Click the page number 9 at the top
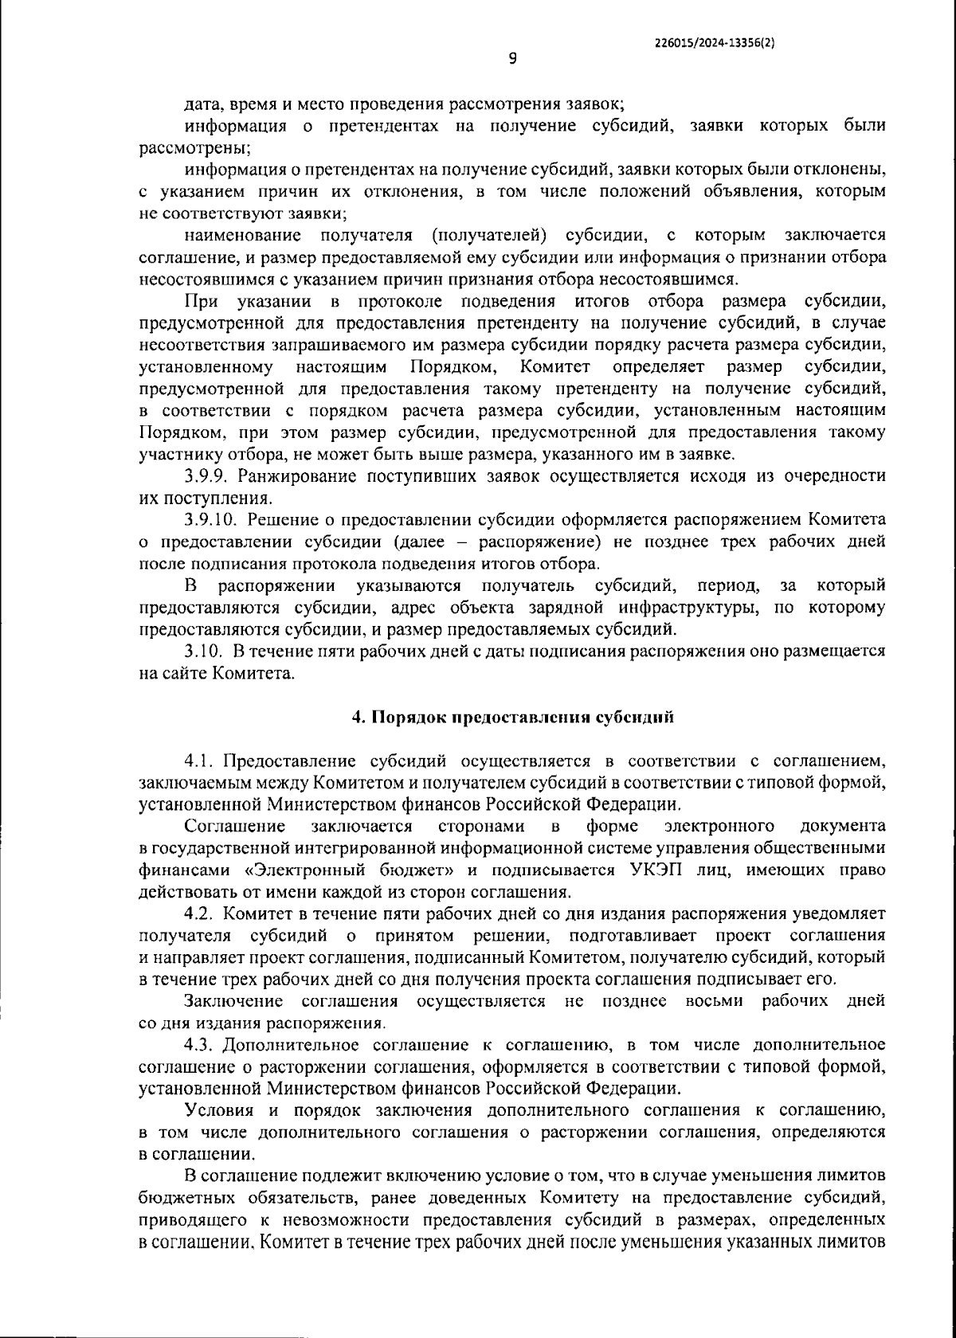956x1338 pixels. pyautogui.click(x=512, y=57)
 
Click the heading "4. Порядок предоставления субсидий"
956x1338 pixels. pyautogui.click(x=513, y=717)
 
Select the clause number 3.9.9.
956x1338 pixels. pyautogui.click(x=208, y=476)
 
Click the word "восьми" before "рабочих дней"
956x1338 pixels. pyautogui.click(x=711, y=1000)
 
